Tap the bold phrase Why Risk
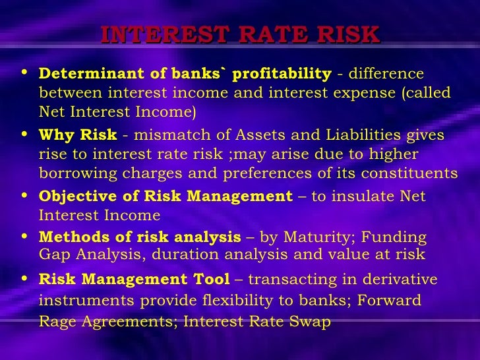tap(78, 135)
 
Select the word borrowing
tap(73, 173)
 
